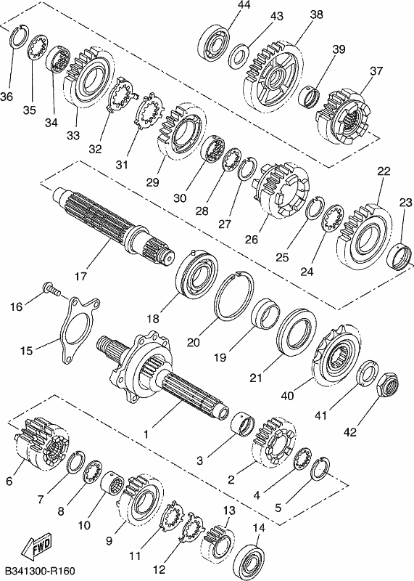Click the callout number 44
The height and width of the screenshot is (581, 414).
(244, 5)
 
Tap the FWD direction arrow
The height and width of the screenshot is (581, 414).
(36, 547)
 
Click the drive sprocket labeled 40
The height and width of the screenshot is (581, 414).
(336, 355)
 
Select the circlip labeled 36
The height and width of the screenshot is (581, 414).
(19, 36)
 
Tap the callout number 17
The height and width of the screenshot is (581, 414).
(80, 276)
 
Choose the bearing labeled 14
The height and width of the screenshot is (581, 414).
(251, 561)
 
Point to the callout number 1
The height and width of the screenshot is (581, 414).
(146, 434)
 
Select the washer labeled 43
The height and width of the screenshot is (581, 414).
(239, 56)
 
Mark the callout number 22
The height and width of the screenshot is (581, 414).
(384, 171)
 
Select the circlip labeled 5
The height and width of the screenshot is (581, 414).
(320, 468)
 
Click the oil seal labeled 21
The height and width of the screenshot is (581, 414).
(297, 332)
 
